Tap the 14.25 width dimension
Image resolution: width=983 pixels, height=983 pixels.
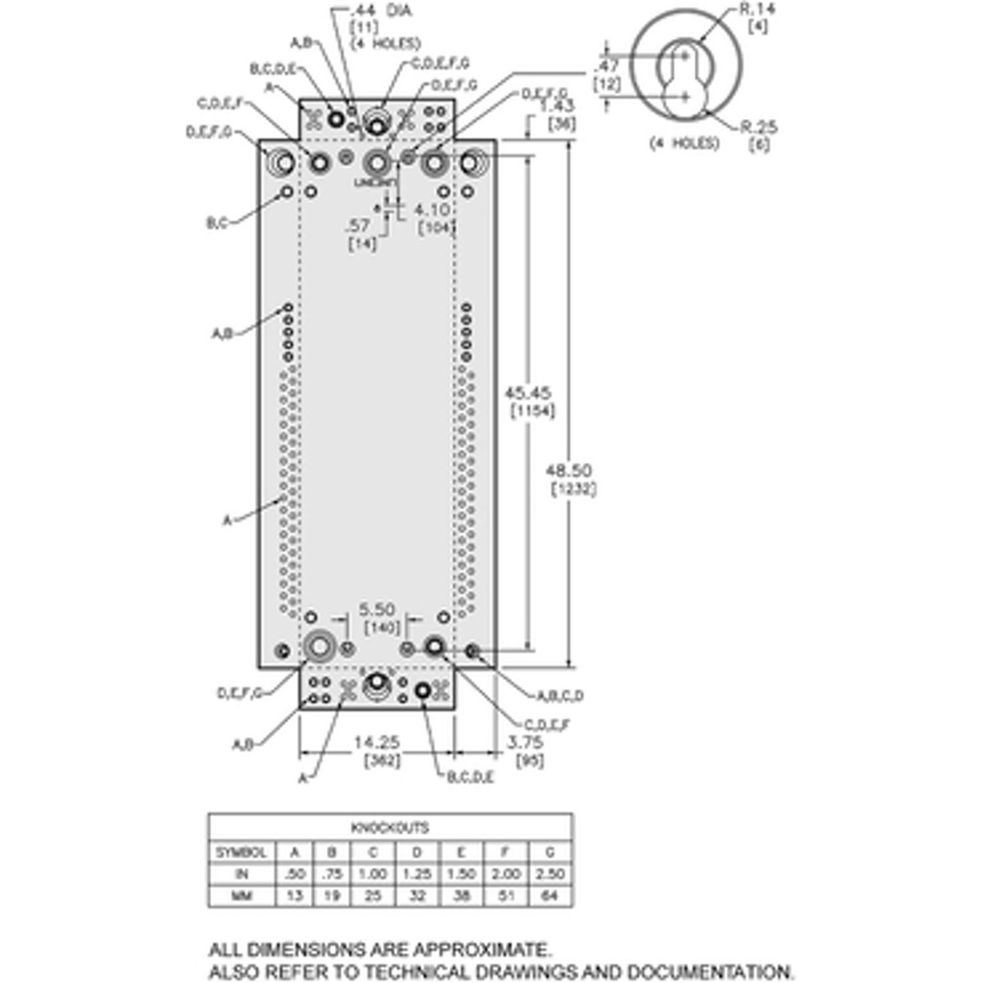click(x=378, y=742)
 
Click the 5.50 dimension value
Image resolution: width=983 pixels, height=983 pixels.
click(x=377, y=609)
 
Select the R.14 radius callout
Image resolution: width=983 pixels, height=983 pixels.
click(x=757, y=10)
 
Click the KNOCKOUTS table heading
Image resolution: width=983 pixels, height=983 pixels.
click(x=390, y=827)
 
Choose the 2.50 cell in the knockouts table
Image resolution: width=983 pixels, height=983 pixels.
click(x=550, y=874)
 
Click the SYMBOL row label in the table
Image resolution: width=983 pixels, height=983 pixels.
click(x=241, y=852)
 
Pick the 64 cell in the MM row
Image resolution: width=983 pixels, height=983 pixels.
click(x=550, y=896)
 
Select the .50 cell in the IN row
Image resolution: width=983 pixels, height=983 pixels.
click(x=294, y=874)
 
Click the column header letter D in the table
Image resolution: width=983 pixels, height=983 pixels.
click(x=417, y=852)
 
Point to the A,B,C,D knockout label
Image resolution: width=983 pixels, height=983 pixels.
click(x=560, y=696)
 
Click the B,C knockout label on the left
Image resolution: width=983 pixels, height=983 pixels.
click(x=216, y=223)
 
